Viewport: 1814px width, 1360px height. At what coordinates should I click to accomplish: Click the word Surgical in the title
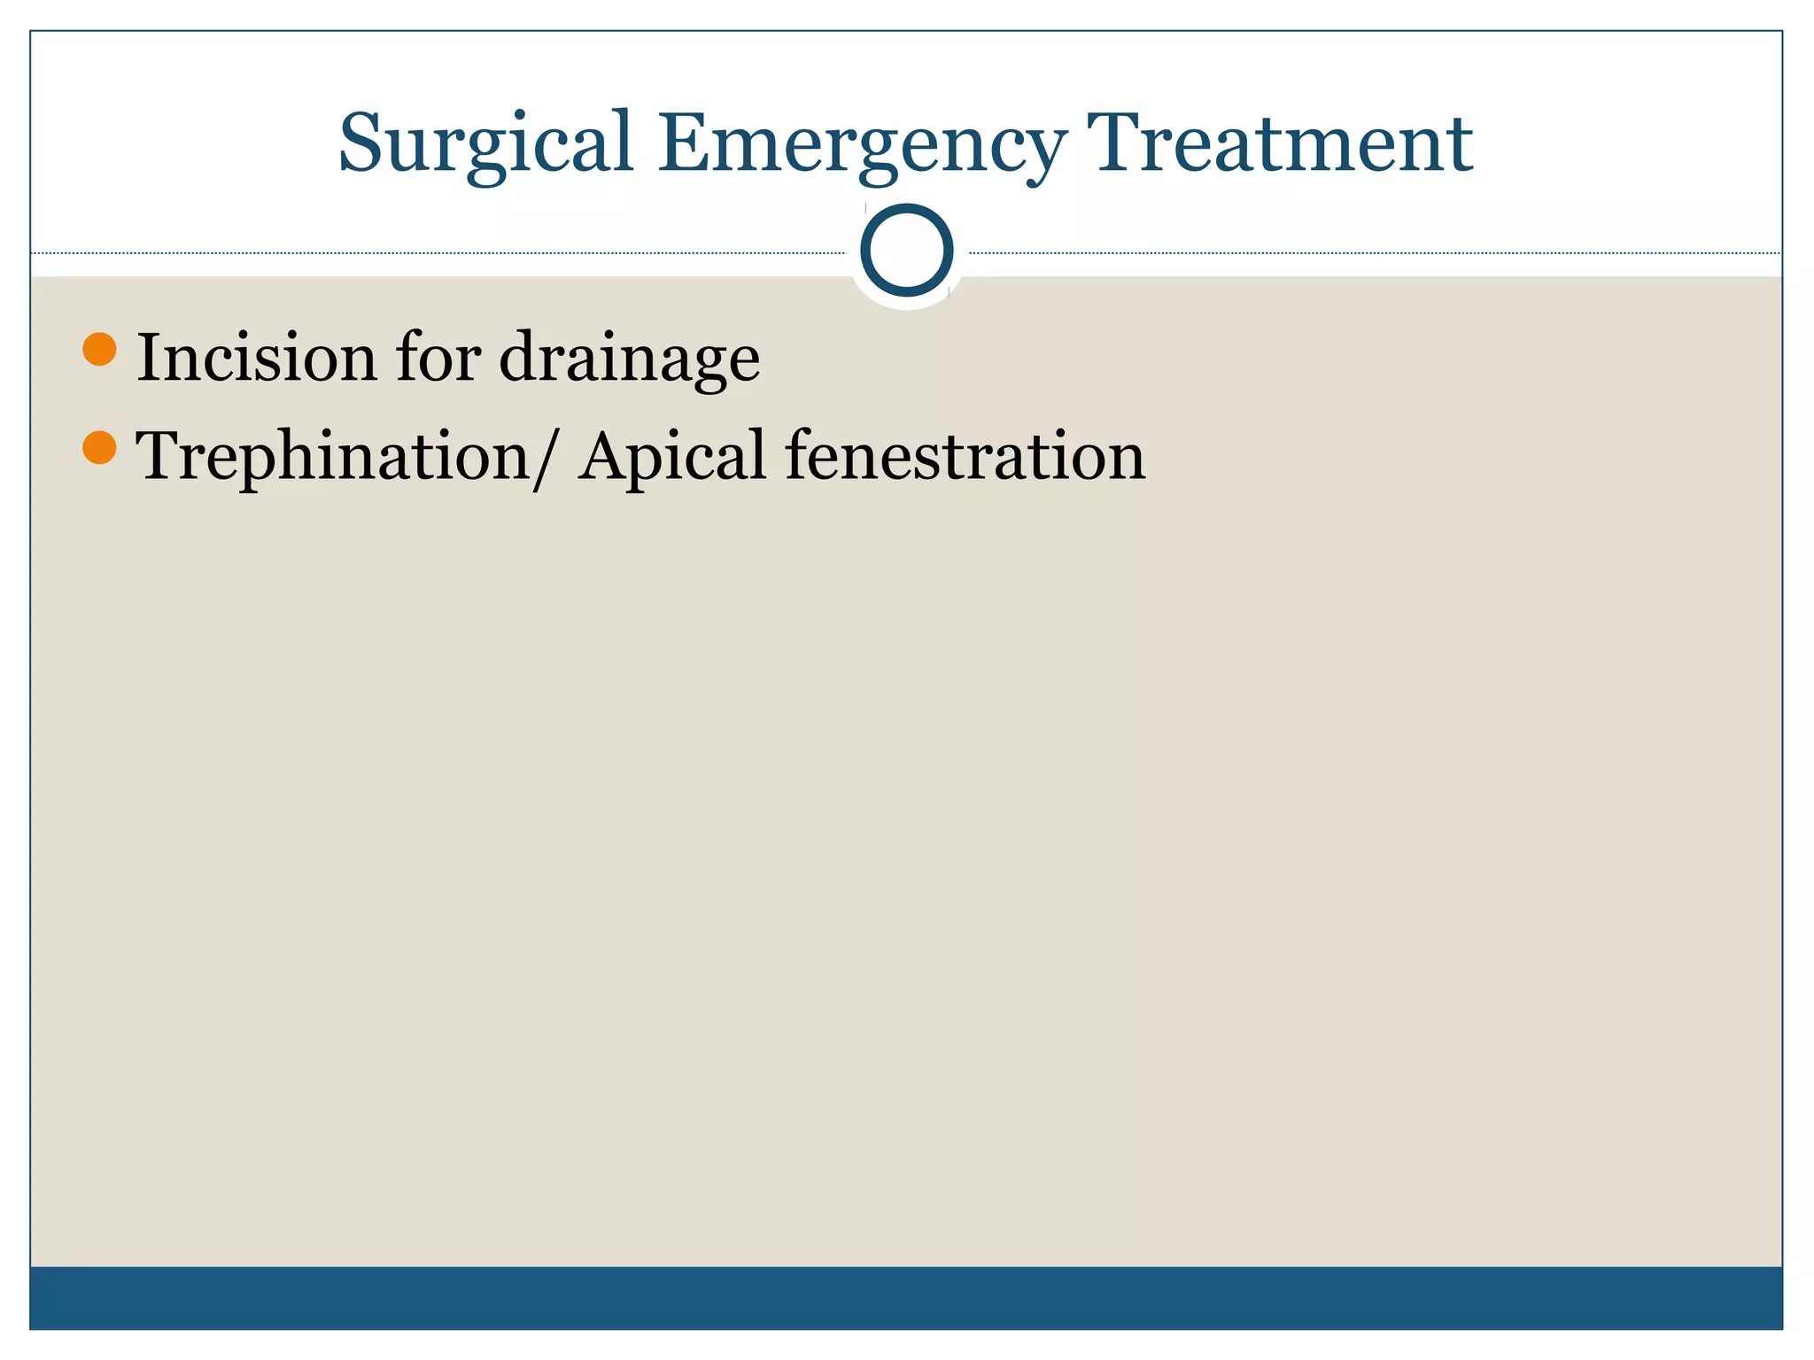(486, 143)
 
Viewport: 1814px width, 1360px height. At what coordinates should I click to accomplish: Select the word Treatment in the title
(1279, 143)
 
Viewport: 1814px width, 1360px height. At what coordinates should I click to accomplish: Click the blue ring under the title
(906, 250)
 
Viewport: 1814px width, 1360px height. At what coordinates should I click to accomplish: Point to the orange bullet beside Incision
(99, 349)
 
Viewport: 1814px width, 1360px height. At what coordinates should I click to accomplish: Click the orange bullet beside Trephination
(99, 448)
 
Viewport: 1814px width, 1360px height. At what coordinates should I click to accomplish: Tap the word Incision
(257, 358)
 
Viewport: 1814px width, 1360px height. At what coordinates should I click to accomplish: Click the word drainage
(629, 359)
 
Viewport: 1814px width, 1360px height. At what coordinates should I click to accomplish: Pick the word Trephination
(333, 457)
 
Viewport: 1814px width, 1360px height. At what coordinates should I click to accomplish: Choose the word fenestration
(965, 455)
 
